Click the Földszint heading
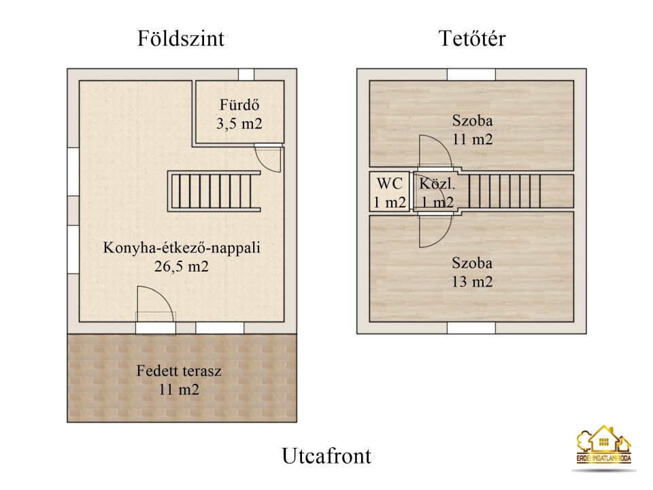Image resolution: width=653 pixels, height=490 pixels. (x=181, y=38)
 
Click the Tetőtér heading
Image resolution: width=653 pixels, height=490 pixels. (x=472, y=38)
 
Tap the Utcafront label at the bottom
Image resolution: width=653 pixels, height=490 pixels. (x=326, y=456)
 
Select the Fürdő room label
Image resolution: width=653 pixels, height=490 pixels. (x=239, y=105)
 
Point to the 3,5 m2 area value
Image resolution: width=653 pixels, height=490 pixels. (x=239, y=124)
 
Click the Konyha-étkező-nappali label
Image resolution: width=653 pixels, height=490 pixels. (x=182, y=248)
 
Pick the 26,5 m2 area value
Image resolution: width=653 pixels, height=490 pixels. (x=182, y=266)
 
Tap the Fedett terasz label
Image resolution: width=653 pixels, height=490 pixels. (x=179, y=371)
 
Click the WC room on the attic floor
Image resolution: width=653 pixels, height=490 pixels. (x=389, y=193)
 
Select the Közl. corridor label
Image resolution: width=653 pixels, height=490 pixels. (x=437, y=184)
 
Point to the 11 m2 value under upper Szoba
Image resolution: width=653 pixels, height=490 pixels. (x=472, y=139)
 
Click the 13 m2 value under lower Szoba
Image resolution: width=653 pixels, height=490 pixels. (x=472, y=282)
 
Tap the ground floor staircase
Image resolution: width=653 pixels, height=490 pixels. (x=214, y=191)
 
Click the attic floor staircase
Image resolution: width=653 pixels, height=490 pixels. (x=505, y=191)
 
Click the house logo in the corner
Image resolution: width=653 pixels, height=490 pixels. (x=604, y=445)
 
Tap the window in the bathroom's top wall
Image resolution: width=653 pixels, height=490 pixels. (x=246, y=75)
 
